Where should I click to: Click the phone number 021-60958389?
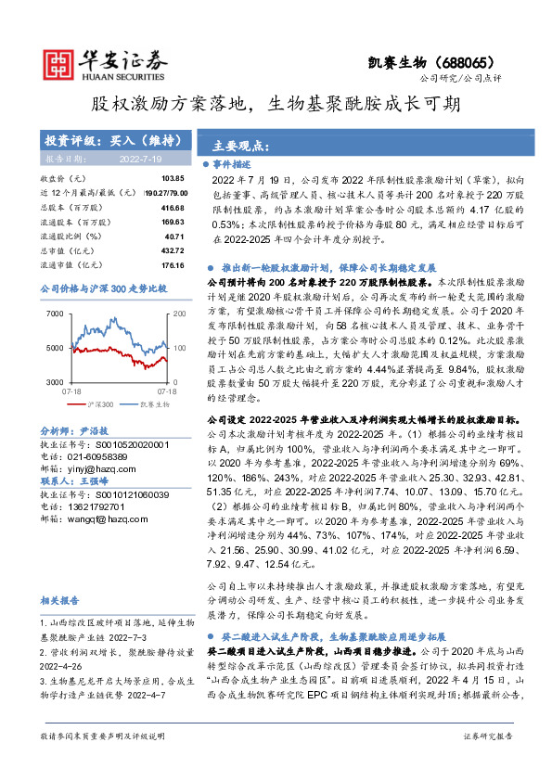(96, 457)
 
